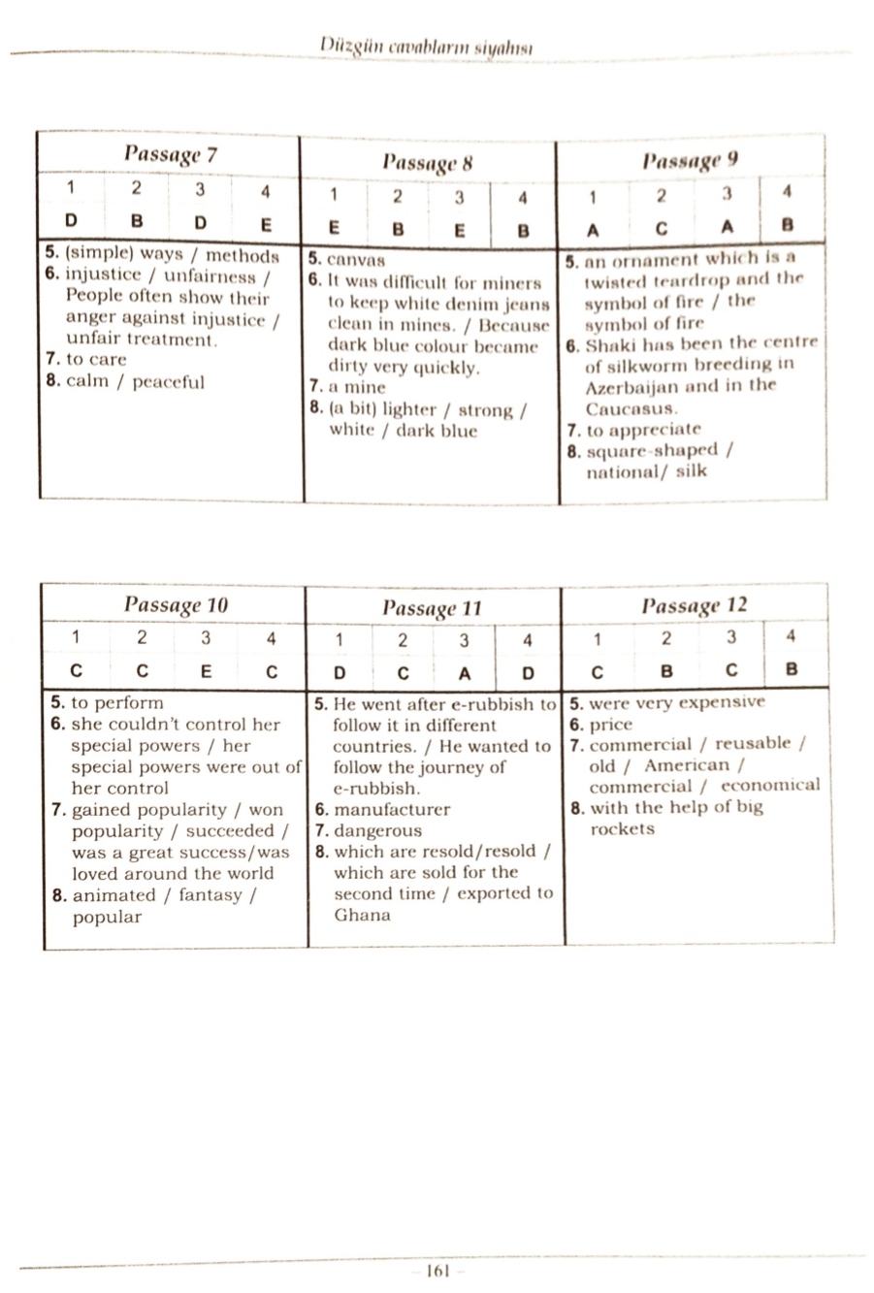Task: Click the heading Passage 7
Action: tap(170, 155)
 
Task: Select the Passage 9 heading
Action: tap(690, 160)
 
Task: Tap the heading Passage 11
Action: tap(432, 608)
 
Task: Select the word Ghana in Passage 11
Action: tap(362, 915)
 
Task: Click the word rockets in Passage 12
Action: tap(622, 829)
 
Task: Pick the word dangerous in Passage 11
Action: tap(378, 830)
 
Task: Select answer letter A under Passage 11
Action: tap(464, 672)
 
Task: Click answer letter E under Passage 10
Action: tap(206, 670)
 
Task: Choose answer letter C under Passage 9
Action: tap(661, 229)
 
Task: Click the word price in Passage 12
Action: tap(610, 725)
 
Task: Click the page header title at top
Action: tap(429, 47)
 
